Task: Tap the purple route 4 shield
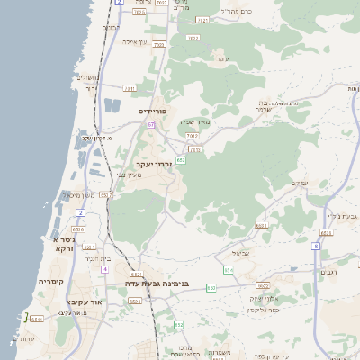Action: (104, 269)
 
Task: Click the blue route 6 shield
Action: (316, 245)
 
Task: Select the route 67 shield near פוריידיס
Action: (151, 124)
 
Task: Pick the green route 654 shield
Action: (228, 269)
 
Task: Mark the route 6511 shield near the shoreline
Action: (38, 318)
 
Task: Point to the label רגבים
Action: (328, 271)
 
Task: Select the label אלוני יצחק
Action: (262, 298)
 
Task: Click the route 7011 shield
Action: (129, 88)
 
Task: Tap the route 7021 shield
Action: (202, 20)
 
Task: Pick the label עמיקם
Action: (300, 184)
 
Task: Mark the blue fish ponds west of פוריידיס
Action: (112, 105)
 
